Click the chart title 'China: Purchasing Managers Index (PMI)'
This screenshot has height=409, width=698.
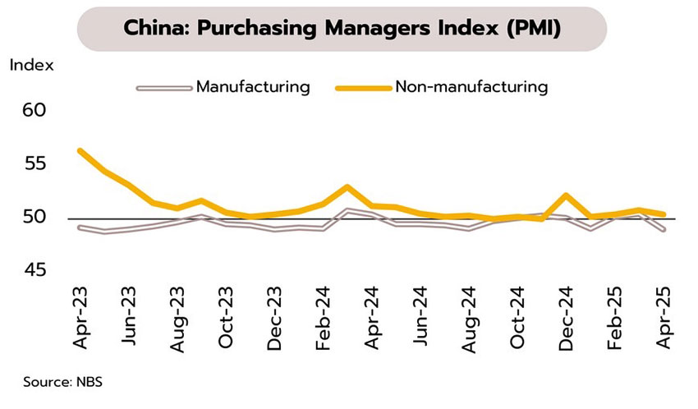pos(342,29)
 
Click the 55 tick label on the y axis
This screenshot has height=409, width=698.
pos(35,164)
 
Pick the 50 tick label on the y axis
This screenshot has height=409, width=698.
pos(35,218)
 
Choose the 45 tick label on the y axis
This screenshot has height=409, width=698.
pos(35,271)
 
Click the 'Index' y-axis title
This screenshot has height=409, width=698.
pos(31,65)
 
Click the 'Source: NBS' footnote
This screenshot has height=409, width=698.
pos(57,382)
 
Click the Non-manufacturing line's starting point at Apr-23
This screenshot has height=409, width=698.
pos(80,150)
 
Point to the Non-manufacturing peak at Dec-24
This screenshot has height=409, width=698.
pos(566,195)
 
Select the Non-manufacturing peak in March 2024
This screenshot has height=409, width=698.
pos(347,186)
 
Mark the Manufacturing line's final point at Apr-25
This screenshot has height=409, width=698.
pos(663,230)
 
